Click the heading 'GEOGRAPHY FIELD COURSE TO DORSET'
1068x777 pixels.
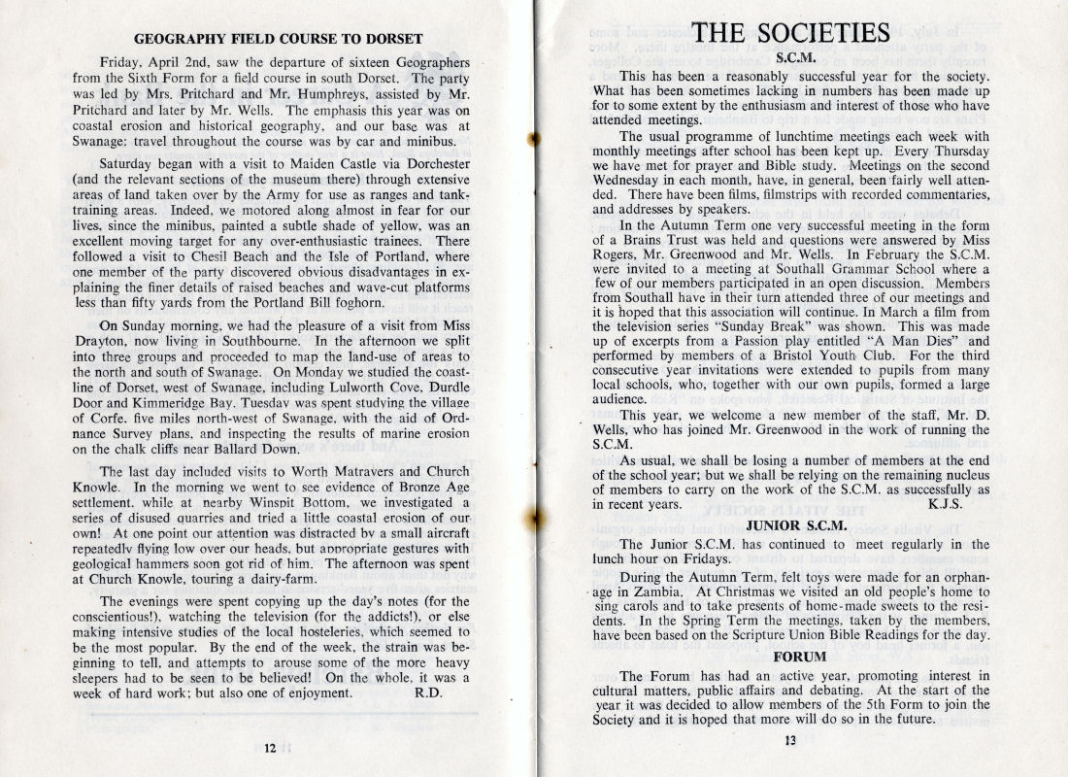[278, 39]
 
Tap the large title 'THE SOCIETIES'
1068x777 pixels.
[793, 33]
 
